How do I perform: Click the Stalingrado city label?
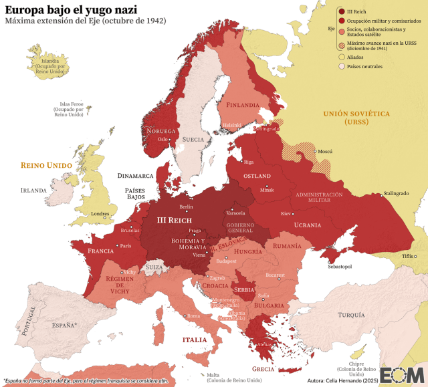[x=394, y=194]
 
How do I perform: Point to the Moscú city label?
[x=325, y=152]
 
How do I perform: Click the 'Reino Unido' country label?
[x=45, y=164]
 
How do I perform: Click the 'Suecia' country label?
[x=193, y=140]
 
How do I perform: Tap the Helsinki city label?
[x=232, y=124]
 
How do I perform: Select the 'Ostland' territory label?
[x=257, y=176]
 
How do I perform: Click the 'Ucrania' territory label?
[x=308, y=225]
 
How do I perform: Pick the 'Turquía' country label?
[x=351, y=314]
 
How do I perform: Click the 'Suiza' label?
[x=154, y=267]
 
